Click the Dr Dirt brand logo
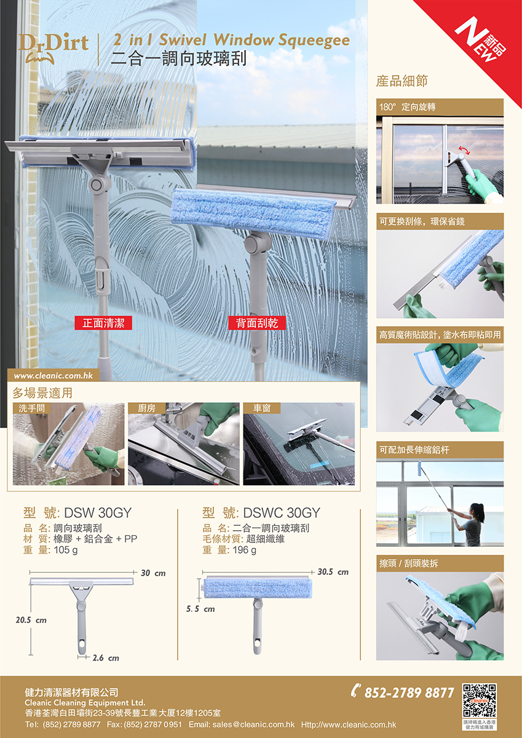(x=53, y=48)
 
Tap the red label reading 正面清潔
(x=103, y=323)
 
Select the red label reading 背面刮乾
(x=257, y=323)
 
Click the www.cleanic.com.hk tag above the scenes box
(x=53, y=375)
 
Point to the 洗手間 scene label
(x=31, y=408)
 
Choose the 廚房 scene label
(x=146, y=408)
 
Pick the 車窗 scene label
(x=262, y=408)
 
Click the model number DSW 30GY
(x=98, y=513)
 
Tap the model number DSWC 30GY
(x=282, y=513)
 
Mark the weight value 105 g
(x=66, y=550)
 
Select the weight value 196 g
(x=244, y=550)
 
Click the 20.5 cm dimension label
(x=31, y=620)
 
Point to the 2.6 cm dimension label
(x=106, y=658)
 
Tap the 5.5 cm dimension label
(x=200, y=609)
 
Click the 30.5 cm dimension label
(x=333, y=571)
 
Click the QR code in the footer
(x=479, y=700)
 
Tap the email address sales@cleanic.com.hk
(x=253, y=725)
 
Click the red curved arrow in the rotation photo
(x=464, y=150)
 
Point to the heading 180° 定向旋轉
(x=408, y=107)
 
